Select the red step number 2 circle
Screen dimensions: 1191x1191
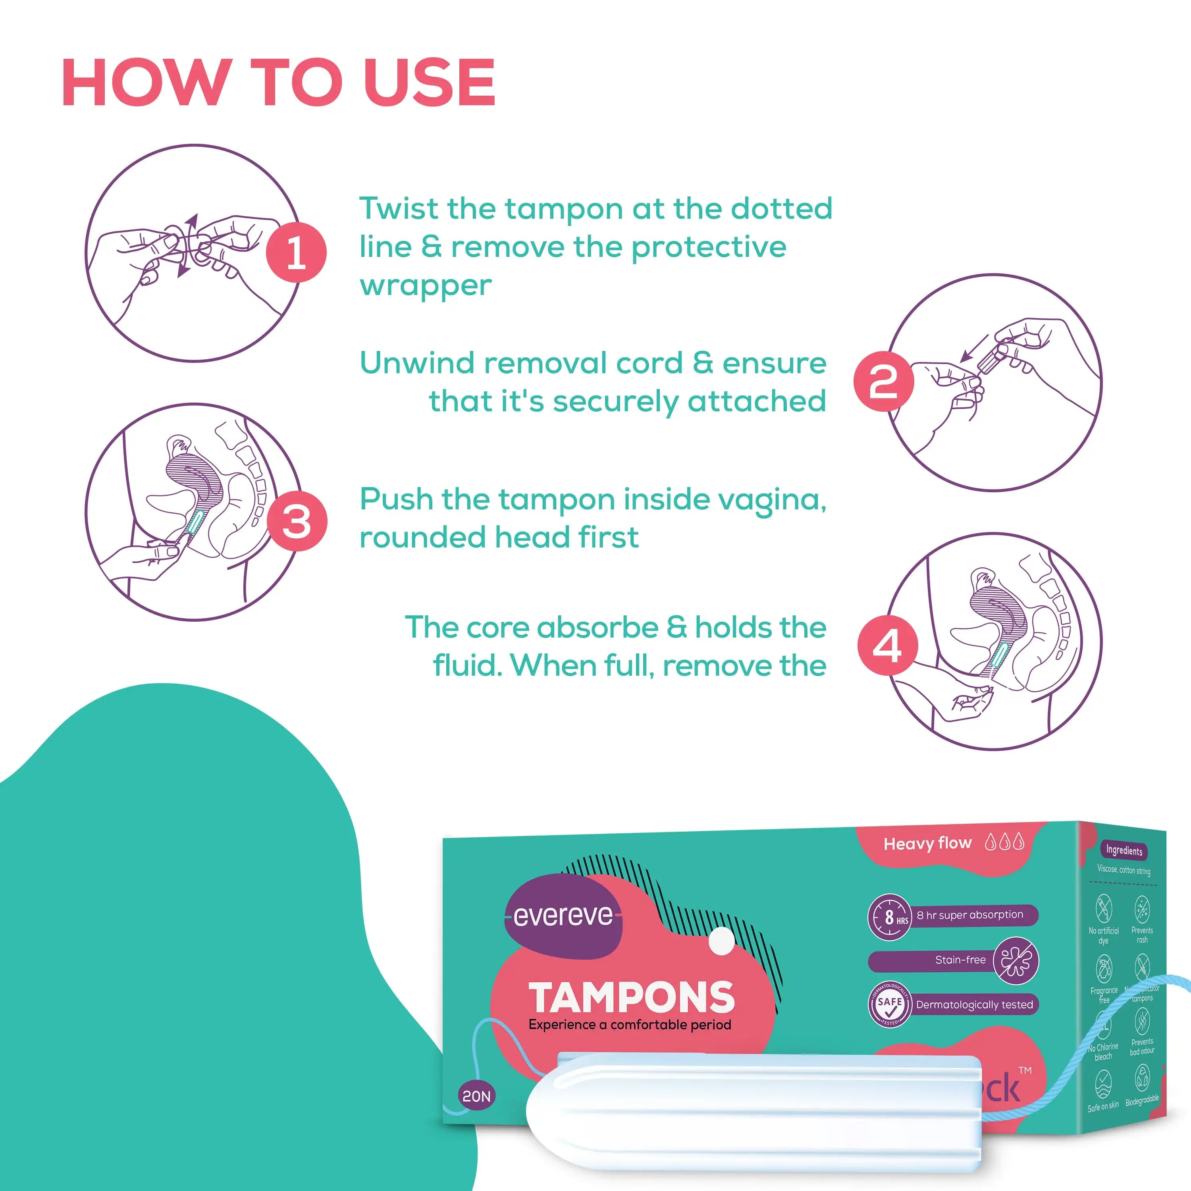[x=883, y=382]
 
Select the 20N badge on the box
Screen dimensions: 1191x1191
[x=476, y=1096]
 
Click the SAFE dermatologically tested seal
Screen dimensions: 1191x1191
[x=890, y=1004]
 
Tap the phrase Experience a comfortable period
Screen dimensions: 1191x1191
[x=629, y=1025]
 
